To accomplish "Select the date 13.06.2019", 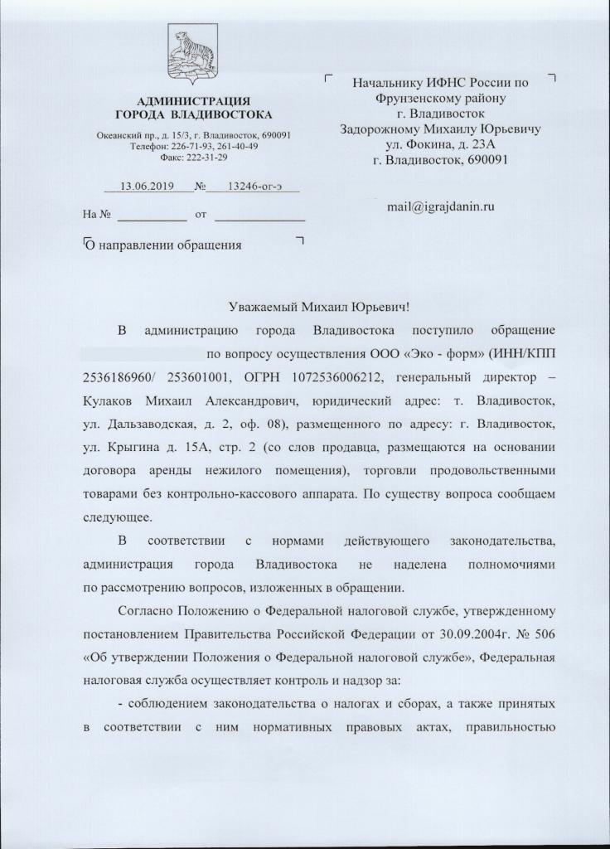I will tap(146, 187).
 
